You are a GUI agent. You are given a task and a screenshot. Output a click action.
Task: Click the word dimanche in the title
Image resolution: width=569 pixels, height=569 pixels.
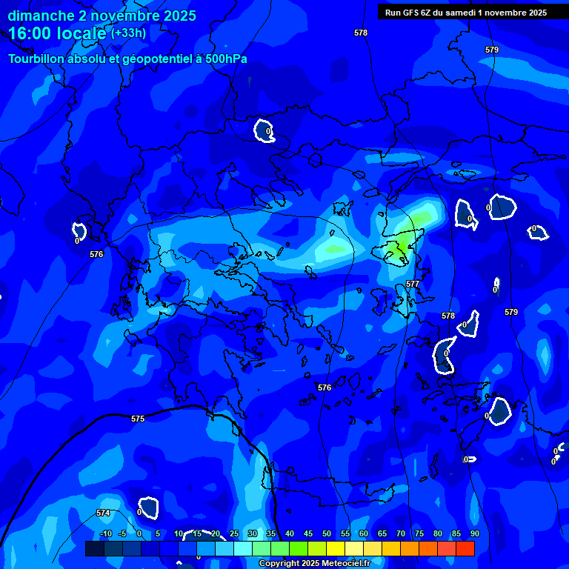(40, 16)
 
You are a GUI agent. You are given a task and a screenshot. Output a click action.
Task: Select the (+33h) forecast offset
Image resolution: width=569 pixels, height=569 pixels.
(128, 33)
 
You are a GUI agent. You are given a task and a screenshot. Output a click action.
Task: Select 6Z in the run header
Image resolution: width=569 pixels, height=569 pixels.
(427, 12)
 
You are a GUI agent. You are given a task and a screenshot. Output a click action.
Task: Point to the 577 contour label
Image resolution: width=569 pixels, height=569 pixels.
(413, 284)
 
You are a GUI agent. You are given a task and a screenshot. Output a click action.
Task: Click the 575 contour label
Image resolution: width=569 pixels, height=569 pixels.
(138, 419)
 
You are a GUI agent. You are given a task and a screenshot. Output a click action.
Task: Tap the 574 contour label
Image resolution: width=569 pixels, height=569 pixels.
(103, 513)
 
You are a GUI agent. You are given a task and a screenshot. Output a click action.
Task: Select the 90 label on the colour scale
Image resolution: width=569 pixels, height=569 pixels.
(474, 533)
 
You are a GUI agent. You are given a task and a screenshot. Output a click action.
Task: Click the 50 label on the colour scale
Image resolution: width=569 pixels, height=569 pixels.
(327, 533)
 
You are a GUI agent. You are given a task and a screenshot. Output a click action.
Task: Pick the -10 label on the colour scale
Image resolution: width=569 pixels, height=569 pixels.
(104, 533)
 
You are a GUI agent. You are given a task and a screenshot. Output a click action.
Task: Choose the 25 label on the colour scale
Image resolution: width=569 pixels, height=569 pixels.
(234, 533)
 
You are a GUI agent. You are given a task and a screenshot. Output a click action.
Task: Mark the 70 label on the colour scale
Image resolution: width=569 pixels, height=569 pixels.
(401, 533)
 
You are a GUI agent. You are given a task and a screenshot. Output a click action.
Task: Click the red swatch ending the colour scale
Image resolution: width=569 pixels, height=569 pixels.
(465, 548)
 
